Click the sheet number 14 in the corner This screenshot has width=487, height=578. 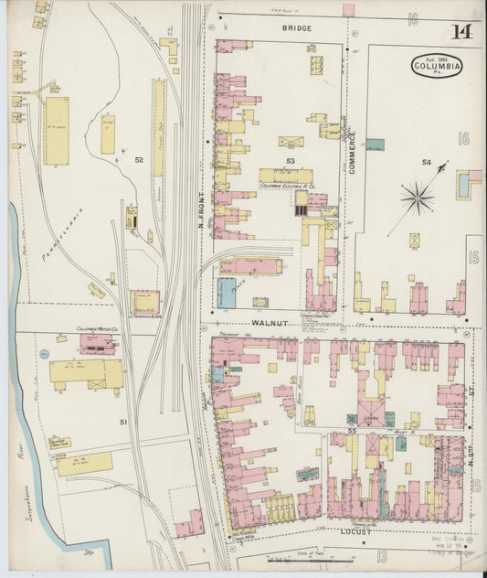pyautogui.click(x=461, y=33)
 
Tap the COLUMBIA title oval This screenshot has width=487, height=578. pyautogui.click(x=437, y=66)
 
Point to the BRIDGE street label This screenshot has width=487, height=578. pyautogui.click(x=296, y=28)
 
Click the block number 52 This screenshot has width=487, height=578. pyautogui.click(x=139, y=160)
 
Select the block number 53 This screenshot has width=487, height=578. pyautogui.click(x=291, y=161)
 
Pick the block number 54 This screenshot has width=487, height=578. pyautogui.click(x=426, y=162)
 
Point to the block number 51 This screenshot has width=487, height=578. pyautogui.click(x=122, y=422)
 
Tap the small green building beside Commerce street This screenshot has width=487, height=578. pyautogui.click(x=375, y=144)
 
